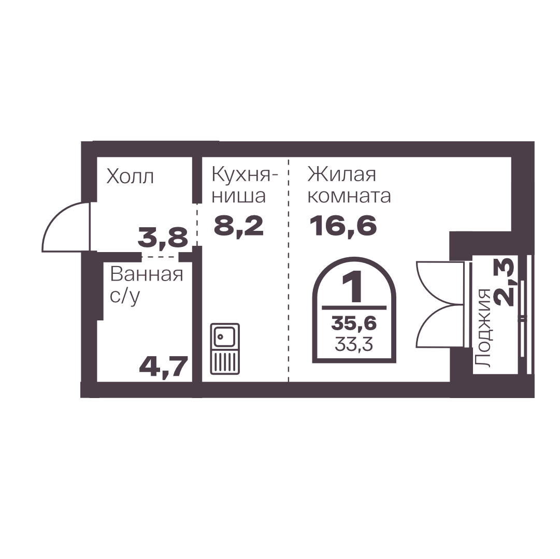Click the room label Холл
131,176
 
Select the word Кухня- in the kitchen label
245,175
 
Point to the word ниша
239,196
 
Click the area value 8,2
239,226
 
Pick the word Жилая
342,175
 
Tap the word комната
349,196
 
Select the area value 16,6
343,226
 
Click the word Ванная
147,274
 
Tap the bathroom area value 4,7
164,367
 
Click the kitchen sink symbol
225,348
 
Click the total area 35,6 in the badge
354,323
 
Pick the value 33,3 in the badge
354,344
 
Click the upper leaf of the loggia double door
440,284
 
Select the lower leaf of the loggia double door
440,326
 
